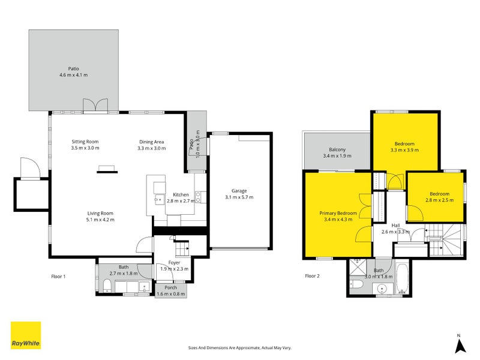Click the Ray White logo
point(26,335)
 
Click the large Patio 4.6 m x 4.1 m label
point(73,72)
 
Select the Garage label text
point(236,194)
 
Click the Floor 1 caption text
point(58,276)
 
